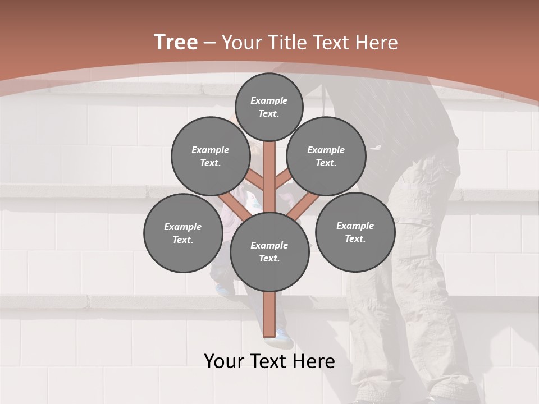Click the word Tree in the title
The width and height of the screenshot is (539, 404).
click(x=176, y=43)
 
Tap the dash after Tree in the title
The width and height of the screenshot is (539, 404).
click(x=209, y=43)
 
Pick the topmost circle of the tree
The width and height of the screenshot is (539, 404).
click(x=269, y=107)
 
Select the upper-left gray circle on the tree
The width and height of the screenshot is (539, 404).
click(x=211, y=156)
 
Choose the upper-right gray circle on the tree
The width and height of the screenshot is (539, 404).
click(x=326, y=156)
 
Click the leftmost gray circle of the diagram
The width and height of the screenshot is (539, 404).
click(x=183, y=233)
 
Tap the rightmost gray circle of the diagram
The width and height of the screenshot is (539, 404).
click(x=355, y=232)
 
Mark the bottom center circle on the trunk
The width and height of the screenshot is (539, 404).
click(x=269, y=252)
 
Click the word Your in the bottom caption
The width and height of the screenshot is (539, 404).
click(x=223, y=361)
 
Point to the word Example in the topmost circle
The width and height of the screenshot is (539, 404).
click(x=269, y=101)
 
